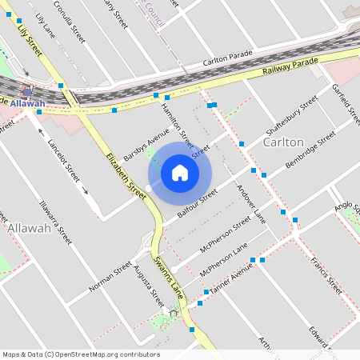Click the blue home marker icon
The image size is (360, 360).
click(x=180, y=172)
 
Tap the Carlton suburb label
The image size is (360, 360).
click(x=283, y=142)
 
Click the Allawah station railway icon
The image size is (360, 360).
click(x=27, y=90)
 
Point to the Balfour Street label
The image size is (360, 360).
click(x=197, y=204)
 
